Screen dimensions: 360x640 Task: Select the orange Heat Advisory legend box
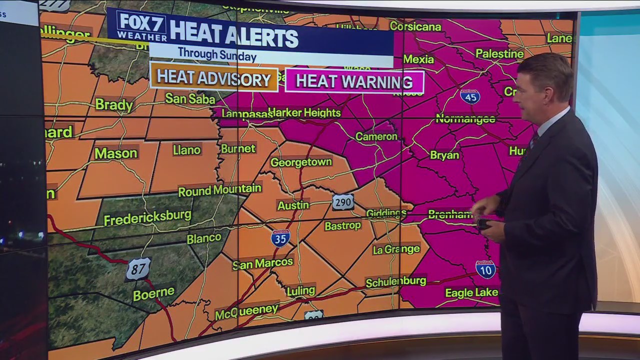[x=214, y=78]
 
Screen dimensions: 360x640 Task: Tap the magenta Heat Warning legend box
[x=354, y=81]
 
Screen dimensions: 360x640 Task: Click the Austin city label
[x=293, y=205]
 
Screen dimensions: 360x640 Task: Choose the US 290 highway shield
[x=343, y=202]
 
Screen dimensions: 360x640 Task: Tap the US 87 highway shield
[x=138, y=269]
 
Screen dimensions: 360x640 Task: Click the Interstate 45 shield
[x=470, y=96]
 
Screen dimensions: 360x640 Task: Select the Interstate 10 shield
[x=485, y=269]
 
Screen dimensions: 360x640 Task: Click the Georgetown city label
[x=301, y=162]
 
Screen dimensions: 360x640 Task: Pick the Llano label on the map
[x=186, y=149]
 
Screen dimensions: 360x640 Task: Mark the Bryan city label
[x=444, y=155]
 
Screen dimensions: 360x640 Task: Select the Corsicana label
[x=415, y=26]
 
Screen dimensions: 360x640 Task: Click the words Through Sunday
[x=217, y=54]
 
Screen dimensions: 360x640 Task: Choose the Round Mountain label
[x=219, y=190]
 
